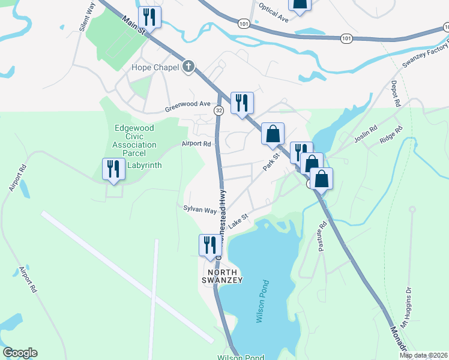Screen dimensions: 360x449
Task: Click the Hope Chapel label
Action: coord(155,67)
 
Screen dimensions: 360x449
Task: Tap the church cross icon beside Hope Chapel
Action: coord(188,67)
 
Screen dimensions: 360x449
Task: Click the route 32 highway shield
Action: coord(219,110)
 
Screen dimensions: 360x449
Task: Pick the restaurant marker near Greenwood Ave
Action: coord(242,103)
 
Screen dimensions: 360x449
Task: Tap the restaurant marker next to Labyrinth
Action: coord(113,170)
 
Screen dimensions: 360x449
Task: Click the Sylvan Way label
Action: coord(200,210)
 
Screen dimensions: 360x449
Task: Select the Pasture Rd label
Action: coord(322,236)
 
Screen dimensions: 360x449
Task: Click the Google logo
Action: coord(20,353)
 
